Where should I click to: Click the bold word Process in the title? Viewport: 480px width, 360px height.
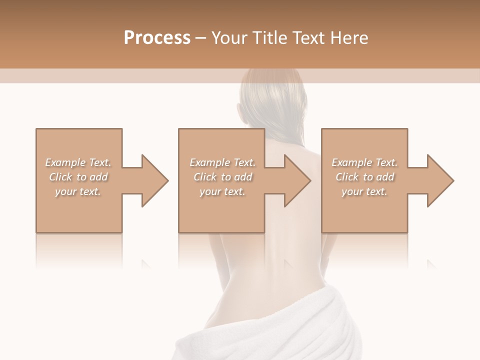coord(157,38)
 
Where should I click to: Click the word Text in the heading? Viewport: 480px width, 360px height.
coord(308,38)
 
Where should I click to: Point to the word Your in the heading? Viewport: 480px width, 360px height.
coord(228,38)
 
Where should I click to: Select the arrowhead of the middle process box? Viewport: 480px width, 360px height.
coord(294,180)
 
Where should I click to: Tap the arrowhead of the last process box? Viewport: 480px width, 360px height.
coord(437,180)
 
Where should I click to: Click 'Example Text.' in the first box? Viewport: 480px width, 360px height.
coord(78,162)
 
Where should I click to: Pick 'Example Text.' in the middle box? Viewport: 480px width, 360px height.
coord(222,162)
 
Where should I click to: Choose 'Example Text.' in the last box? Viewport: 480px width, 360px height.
coord(364,162)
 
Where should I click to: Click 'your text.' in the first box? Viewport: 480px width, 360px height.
coord(78,191)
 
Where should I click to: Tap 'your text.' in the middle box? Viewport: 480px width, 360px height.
coord(222,191)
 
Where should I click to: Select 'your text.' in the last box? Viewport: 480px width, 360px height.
coord(364,191)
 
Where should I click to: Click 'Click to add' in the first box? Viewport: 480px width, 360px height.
coord(78,177)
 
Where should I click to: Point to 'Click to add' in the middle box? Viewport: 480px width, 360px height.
coord(222,177)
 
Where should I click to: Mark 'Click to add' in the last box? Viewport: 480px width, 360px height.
coord(364,177)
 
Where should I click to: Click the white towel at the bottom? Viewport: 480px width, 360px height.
coord(280,330)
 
